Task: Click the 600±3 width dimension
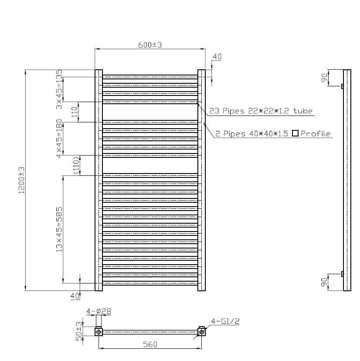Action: point(150,44)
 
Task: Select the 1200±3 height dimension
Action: point(21,180)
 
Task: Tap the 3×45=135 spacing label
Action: point(59,89)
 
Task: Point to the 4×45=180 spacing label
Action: point(59,138)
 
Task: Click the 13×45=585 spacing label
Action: point(59,229)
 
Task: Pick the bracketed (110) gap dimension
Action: point(76,165)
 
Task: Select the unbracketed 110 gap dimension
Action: point(75,112)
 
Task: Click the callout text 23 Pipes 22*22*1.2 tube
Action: point(261,111)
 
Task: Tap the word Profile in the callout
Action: point(316,134)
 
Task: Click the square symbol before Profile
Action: point(295,133)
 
